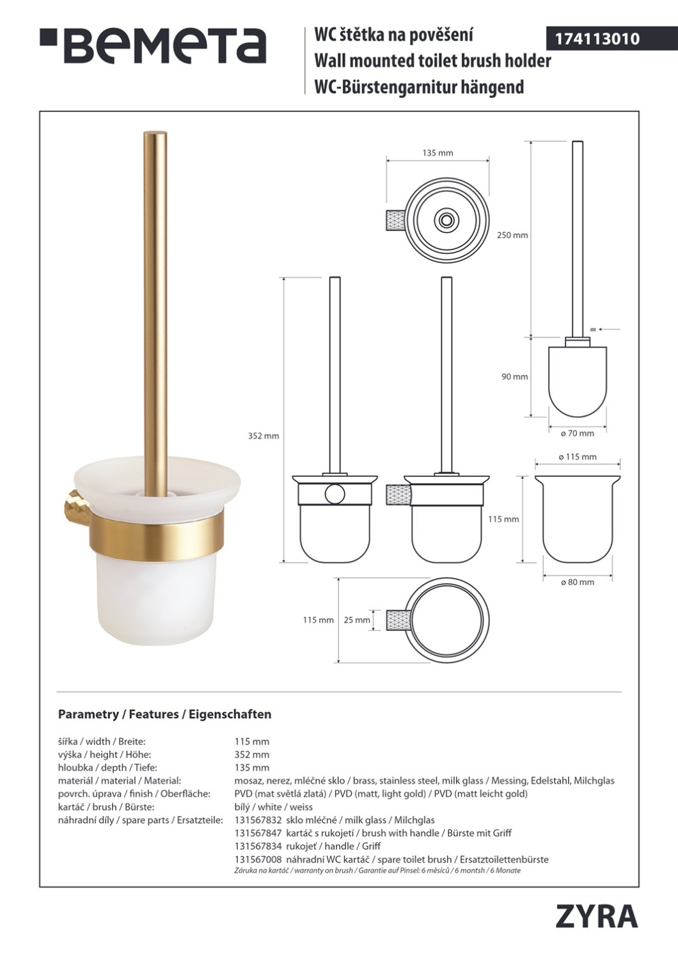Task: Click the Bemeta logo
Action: coord(154,46)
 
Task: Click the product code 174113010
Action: coord(597,39)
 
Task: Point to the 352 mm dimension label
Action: coord(264,436)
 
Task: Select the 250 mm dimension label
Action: coord(512,236)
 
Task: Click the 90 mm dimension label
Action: coord(515,377)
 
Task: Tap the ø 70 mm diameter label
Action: coord(578,433)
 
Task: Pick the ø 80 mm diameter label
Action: coord(578,582)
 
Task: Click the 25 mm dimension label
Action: coord(357,620)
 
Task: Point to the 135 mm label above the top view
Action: coord(438,153)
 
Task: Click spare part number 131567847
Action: coord(258,833)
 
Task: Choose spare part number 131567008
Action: coord(258,860)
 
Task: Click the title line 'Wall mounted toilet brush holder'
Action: coord(432,61)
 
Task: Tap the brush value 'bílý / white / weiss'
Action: coord(274,807)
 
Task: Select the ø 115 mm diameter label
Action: coord(578,457)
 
